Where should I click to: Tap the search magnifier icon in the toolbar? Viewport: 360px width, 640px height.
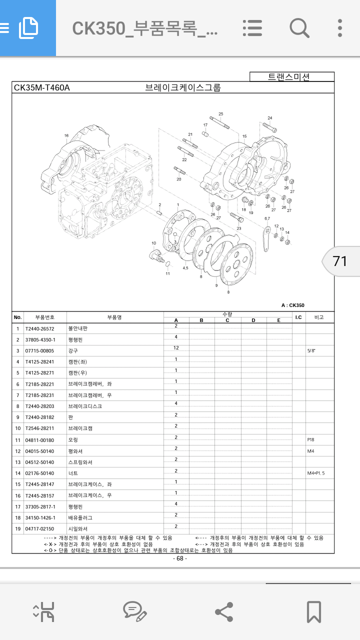[x=299, y=28]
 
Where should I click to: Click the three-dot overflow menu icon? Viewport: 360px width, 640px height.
[x=340, y=28]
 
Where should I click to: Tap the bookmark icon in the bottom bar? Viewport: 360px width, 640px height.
[x=313, y=611]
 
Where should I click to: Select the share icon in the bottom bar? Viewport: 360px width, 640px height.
[x=223, y=611]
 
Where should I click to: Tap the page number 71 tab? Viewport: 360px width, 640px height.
[x=339, y=261]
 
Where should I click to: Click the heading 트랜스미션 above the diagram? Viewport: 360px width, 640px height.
[x=289, y=77]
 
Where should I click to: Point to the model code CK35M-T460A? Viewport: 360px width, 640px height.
[x=42, y=88]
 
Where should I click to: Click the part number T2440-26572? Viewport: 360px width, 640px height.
[x=39, y=329]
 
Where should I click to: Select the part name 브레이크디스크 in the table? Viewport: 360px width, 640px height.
[x=85, y=406]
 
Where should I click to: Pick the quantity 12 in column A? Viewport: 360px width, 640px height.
[x=176, y=348]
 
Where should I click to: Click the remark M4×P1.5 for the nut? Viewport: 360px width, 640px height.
[x=315, y=473]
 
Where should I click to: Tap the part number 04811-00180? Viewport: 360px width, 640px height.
[x=39, y=440]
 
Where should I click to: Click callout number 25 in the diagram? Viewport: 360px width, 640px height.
[x=221, y=114]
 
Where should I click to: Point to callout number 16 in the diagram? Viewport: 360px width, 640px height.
[x=66, y=135]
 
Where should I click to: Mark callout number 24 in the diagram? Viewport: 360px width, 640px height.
[x=269, y=118]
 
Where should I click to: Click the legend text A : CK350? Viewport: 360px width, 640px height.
[x=292, y=305]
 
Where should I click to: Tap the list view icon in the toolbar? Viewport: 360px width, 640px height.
[x=252, y=28]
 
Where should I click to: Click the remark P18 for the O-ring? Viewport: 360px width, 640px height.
[x=310, y=440]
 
